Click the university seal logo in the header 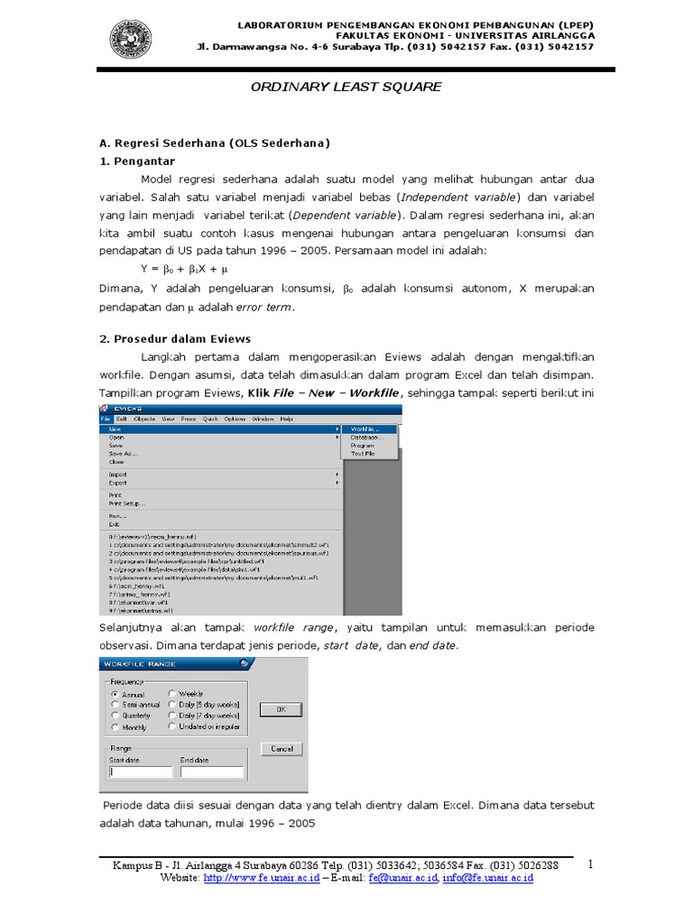(131, 40)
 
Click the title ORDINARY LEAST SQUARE (346, 87)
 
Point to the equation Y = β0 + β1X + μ (185, 269)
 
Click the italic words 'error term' (264, 307)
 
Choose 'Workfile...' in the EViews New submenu (364, 429)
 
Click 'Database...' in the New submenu (365, 437)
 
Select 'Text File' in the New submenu (363, 454)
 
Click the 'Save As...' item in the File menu (123, 454)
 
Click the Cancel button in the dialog (281, 749)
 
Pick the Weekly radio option (172, 694)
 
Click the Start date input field (140, 772)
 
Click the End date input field (211, 772)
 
